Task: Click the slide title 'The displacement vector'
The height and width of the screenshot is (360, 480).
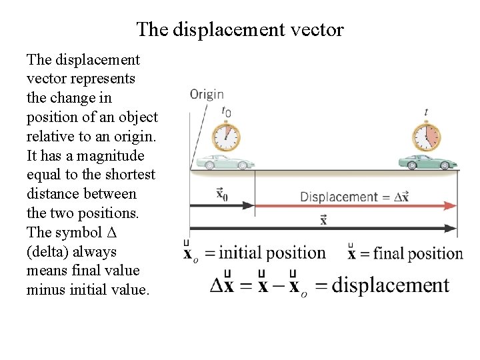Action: [x=240, y=29]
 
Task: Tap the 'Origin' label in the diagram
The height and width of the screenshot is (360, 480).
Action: [x=207, y=95]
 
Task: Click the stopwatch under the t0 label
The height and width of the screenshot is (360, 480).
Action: [x=227, y=137]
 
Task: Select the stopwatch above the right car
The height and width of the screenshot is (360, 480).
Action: [x=426, y=137]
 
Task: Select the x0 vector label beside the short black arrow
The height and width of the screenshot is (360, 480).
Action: [x=223, y=194]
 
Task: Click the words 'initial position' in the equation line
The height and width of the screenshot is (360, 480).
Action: [x=272, y=253]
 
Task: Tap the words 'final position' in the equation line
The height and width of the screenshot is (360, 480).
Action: [x=418, y=253]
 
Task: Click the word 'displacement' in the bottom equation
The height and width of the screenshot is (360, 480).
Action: [x=391, y=285]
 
